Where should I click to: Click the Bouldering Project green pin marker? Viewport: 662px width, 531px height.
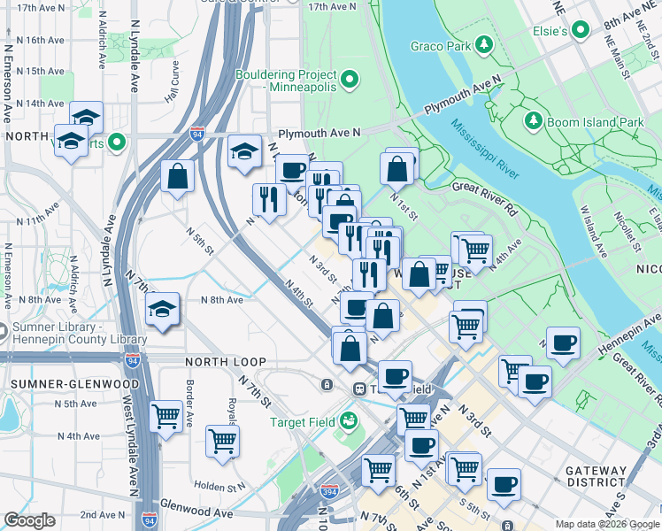[x=350, y=81]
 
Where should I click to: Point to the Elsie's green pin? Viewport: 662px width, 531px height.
[x=580, y=31]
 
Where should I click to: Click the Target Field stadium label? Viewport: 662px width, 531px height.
[x=302, y=422]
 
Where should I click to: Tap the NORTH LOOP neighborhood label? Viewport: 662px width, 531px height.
[x=221, y=362]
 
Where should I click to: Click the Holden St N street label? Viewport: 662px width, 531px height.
[x=219, y=487]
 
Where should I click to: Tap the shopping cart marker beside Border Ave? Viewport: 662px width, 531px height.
[x=166, y=415]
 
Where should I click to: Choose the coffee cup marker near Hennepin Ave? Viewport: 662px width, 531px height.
[x=563, y=342]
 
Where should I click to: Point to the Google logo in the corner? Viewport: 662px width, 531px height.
[x=29, y=519]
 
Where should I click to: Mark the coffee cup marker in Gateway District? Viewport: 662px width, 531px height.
[x=504, y=484]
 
